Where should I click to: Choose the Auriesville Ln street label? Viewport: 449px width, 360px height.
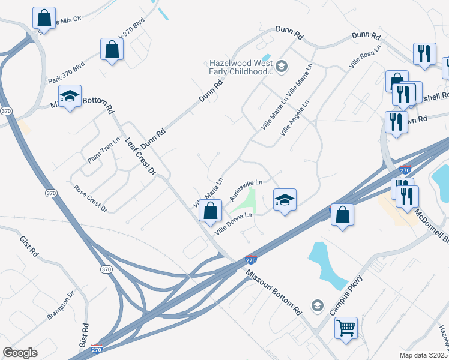[x=246, y=191]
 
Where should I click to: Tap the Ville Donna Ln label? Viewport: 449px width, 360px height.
[x=234, y=221]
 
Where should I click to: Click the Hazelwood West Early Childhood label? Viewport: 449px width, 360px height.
[x=240, y=67]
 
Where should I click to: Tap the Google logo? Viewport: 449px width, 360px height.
[x=20, y=353]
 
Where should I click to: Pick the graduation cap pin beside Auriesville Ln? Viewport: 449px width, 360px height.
[x=285, y=199]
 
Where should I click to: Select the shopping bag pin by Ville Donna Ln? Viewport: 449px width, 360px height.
[x=210, y=211]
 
